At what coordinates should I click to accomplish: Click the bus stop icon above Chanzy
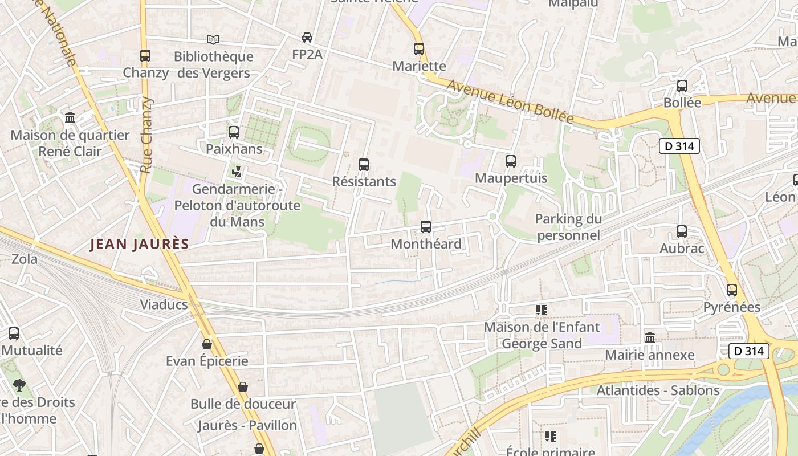145,56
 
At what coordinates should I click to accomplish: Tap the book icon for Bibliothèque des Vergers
213,39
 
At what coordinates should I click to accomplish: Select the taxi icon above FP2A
307,38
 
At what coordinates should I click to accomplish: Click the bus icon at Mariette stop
419,49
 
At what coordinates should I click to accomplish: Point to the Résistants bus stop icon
364,165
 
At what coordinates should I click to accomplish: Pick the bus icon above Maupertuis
511,161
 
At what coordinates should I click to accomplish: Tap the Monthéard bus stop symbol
426,227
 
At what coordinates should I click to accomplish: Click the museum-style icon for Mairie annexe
650,338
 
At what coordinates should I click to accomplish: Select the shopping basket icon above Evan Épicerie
207,344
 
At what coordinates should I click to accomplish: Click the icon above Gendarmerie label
237,172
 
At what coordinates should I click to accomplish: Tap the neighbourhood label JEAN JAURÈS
140,245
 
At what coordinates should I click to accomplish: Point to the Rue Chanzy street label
147,135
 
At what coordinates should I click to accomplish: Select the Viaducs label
164,304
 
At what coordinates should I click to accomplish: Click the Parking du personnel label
568,227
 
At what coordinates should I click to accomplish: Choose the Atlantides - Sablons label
658,390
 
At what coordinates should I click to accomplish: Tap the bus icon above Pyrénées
732,290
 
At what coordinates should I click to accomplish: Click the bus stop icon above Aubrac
682,231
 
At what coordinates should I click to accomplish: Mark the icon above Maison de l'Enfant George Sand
541,310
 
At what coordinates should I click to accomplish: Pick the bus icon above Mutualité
14,333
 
